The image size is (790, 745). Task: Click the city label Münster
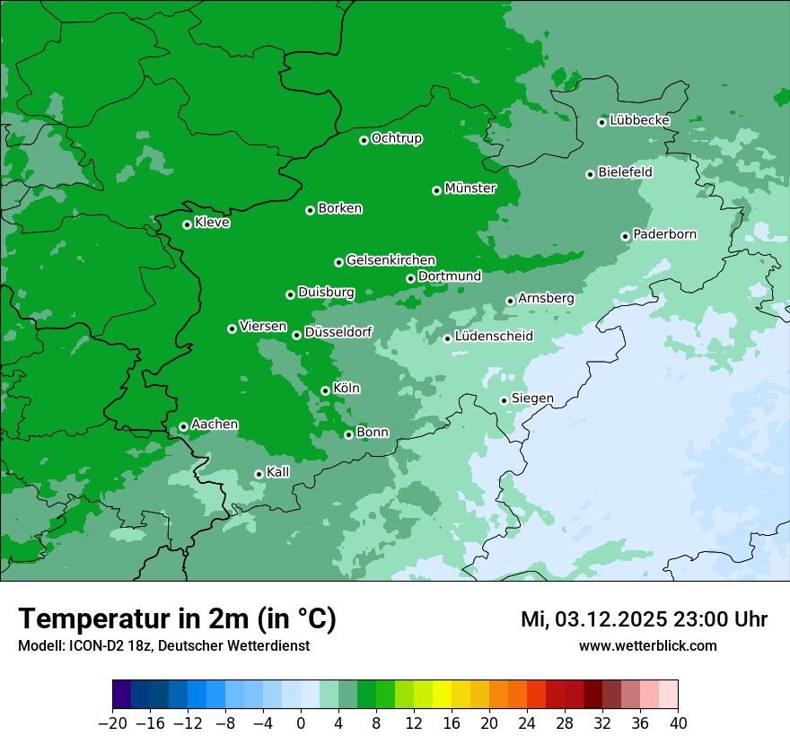point(470,188)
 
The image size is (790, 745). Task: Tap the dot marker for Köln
point(325,390)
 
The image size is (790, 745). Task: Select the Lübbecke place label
point(639,120)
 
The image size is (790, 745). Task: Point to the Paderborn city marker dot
point(625,236)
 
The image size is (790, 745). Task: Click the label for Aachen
point(215,425)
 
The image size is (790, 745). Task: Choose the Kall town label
point(278,472)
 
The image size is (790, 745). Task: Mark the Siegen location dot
point(504,400)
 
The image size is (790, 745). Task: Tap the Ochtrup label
point(396,138)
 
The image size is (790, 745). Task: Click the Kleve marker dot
point(187,224)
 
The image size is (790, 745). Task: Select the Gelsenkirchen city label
point(391,260)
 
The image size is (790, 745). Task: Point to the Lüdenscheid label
point(494,337)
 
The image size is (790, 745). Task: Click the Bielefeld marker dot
point(590,174)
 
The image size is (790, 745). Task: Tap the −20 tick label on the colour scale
point(112,723)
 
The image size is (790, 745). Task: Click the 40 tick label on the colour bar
point(678,723)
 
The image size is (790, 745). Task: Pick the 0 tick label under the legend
point(301,723)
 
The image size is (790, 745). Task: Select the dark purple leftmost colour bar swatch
point(121,695)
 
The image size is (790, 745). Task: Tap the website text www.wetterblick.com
point(647,645)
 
